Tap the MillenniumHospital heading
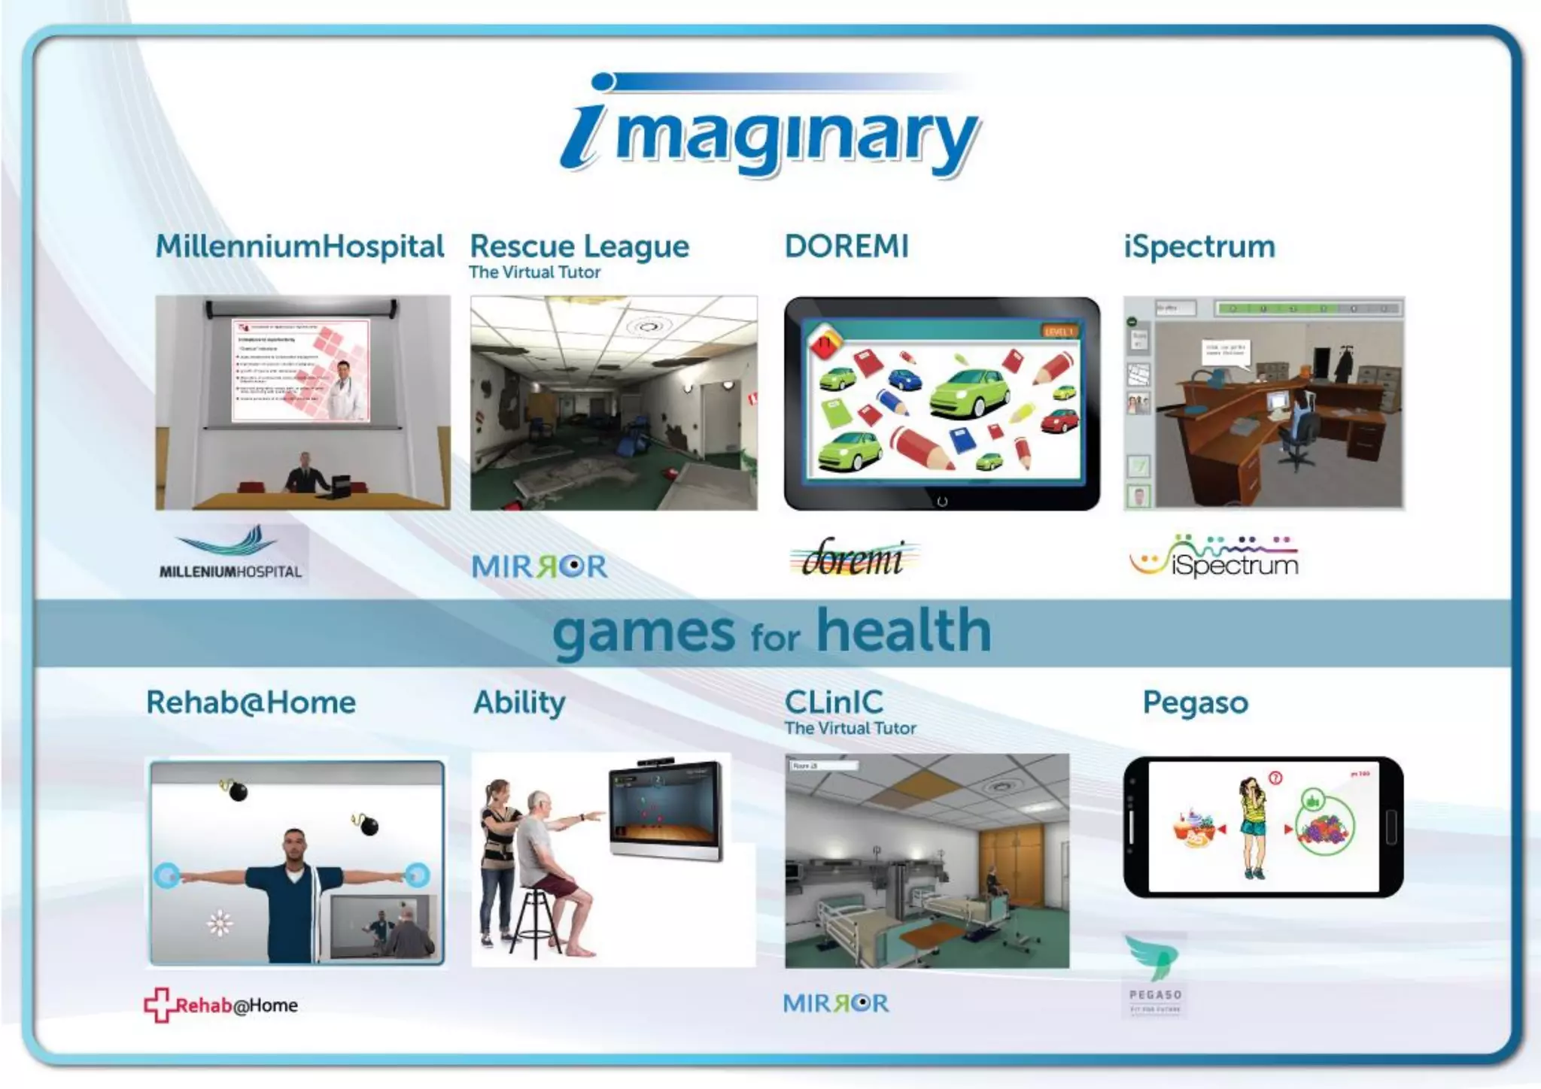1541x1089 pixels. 299,247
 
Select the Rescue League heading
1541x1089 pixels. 579,247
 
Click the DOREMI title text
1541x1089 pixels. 846,247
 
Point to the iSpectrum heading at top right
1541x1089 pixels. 1199,247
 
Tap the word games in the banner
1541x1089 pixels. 643,633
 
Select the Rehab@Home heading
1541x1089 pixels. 251,702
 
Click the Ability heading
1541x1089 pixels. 519,703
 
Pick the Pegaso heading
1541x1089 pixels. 1195,703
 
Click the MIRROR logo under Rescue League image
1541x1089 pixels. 540,566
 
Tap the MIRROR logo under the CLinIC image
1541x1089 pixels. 835,1003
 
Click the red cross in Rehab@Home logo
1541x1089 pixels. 157,1005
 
